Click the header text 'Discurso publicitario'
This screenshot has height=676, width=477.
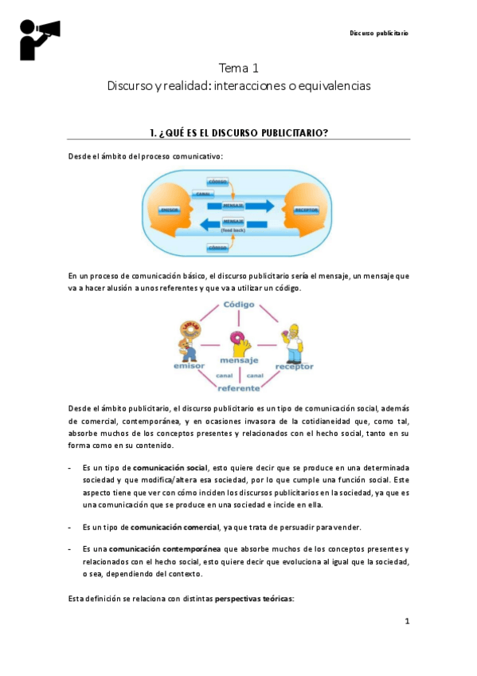(x=379, y=33)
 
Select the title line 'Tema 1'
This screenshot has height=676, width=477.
(x=238, y=68)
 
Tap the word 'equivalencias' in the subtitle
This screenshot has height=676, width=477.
(x=337, y=85)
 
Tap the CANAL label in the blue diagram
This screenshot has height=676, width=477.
(x=203, y=194)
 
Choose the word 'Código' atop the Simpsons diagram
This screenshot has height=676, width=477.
(x=238, y=305)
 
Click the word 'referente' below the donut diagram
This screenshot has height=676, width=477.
(x=238, y=388)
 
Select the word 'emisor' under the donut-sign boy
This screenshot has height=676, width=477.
(x=190, y=367)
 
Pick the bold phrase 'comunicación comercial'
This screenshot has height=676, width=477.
(x=174, y=528)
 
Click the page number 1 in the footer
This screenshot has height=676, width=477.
(x=406, y=621)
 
